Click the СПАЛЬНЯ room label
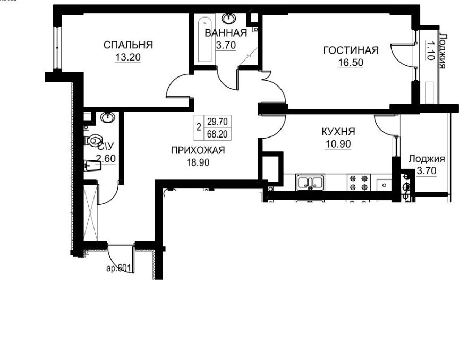tap(128, 45)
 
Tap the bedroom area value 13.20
tap(127, 57)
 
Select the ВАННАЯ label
tap(226, 33)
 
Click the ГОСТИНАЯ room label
tap(351, 50)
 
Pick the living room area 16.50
tap(351, 63)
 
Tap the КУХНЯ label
tap(338, 132)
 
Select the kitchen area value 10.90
tap(338, 144)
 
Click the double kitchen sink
tap(310, 182)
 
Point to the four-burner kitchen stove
tap(359, 182)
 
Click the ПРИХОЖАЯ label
tap(198, 150)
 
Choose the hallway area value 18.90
tap(198, 162)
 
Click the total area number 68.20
tap(217, 134)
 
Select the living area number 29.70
tap(217, 122)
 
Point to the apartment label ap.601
tap(119, 268)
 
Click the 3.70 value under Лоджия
tap(426, 171)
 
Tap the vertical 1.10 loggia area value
tap(430, 50)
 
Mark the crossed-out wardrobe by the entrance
tap(90, 212)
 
